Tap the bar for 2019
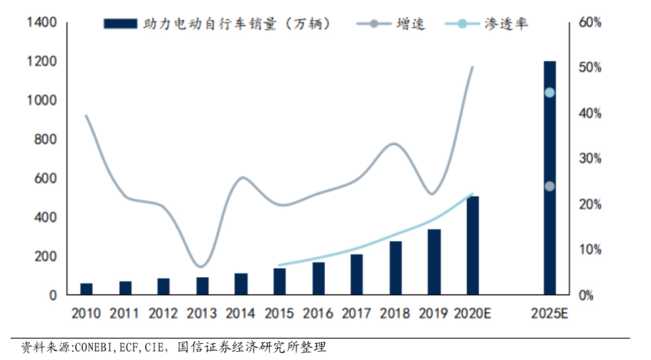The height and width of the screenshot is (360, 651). pos(434,262)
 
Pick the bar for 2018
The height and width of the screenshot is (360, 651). pos(395,268)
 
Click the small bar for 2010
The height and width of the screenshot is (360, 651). pos(87,289)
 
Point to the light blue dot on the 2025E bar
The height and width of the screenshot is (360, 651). pos(549,92)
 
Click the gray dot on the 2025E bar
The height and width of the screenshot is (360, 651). pos(549,186)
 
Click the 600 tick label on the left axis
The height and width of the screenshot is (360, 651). pos(45,178)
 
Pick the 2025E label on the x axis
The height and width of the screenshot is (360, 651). pos(550,314)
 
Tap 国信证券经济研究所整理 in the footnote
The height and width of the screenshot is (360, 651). pos(252,348)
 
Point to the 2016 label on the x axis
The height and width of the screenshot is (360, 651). pos(318,314)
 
